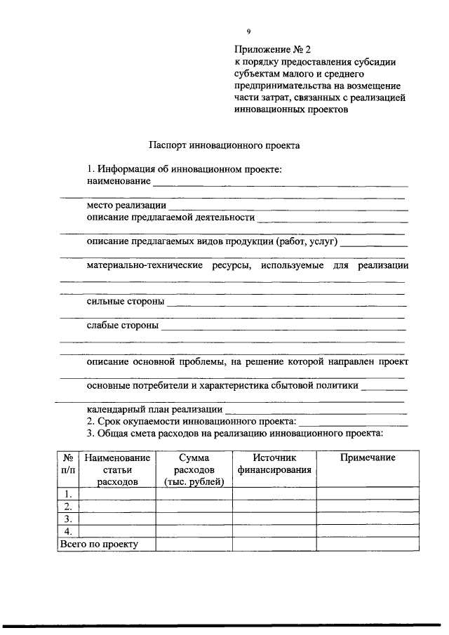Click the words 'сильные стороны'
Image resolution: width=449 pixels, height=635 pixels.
(x=126, y=302)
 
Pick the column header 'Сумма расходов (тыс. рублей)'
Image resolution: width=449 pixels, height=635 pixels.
(x=194, y=469)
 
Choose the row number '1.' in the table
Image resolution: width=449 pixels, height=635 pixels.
(x=69, y=494)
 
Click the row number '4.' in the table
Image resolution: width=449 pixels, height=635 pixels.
(x=69, y=531)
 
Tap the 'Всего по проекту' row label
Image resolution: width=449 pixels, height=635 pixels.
(x=100, y=544)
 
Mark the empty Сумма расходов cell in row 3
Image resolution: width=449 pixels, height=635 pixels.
(x=194, y=519)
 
